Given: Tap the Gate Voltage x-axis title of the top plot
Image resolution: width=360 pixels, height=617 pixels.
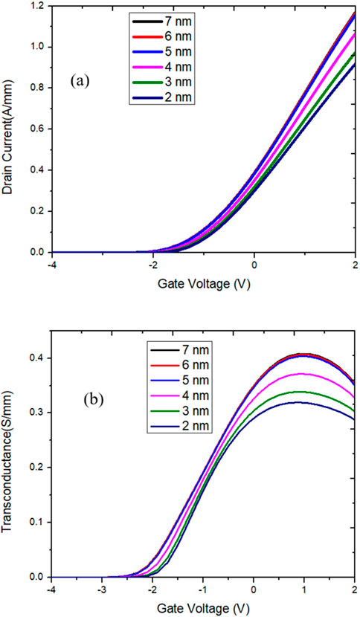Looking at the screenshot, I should [x=203, y=284].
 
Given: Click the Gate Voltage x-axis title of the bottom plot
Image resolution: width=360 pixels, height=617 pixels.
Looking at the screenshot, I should [x=203, y=609].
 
